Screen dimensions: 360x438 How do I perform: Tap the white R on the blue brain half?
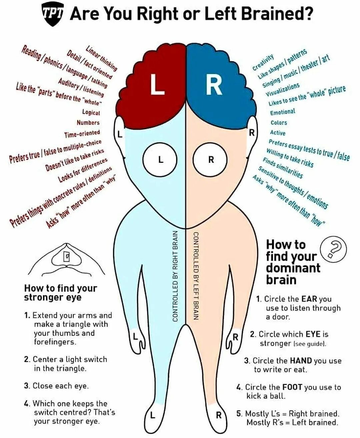tap(214, 85)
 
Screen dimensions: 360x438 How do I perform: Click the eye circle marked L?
tap(160, 160)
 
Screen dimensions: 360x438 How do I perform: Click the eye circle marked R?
tap(211, 160)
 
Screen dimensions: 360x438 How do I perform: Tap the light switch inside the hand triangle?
tap(67, 256)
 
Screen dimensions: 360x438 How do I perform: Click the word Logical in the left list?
tap(91, 112)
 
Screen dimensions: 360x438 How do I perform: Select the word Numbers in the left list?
tap(88, 123)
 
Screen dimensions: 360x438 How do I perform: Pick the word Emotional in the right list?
tap(283, 112)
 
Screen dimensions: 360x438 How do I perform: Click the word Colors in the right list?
tap(279, 123)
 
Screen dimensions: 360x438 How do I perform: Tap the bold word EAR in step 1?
tap(309, 299)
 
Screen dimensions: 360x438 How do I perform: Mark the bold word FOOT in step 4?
tap(292, 387)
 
